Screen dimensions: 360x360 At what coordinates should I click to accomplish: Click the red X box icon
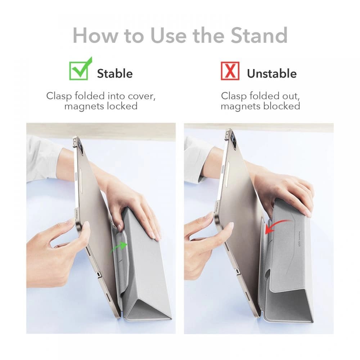pyautogui.click(x=230, y=71)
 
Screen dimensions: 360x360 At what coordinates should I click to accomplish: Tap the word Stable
pyautogui.click(x=114, y=73)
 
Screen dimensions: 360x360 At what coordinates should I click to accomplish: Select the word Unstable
pyautogui.click(x=271, y=73)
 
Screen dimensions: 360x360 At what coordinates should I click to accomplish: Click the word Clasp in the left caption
pyautogui.click(x=59, y=96)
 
